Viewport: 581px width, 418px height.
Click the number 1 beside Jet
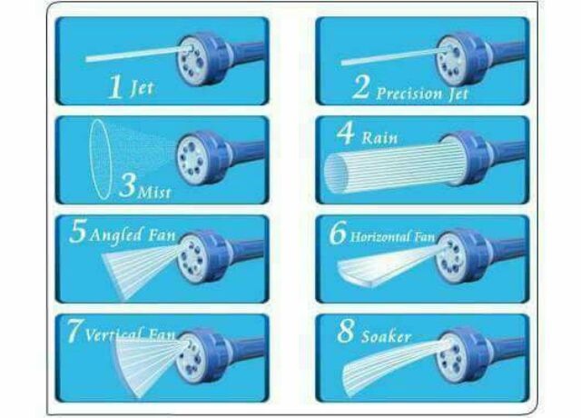point(115,86)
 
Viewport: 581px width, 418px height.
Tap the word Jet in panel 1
point(143,88)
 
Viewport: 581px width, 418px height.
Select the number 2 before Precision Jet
point(360,87)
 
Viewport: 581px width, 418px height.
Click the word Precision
point(409,94)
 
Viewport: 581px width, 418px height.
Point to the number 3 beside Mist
point(128,184)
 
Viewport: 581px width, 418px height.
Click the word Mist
point(154,192)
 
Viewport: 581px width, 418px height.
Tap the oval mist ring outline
point(101,159)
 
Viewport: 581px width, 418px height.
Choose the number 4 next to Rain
point(345,134)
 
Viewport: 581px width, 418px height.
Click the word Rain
point(379,138)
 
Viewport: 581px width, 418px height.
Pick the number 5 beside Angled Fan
point(78,231)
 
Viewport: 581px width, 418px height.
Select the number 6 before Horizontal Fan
point(338,233)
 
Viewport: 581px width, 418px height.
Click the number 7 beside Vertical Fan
point(74,331)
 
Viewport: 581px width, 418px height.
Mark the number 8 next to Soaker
point(345,331)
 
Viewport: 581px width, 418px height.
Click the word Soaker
point(386,337)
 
